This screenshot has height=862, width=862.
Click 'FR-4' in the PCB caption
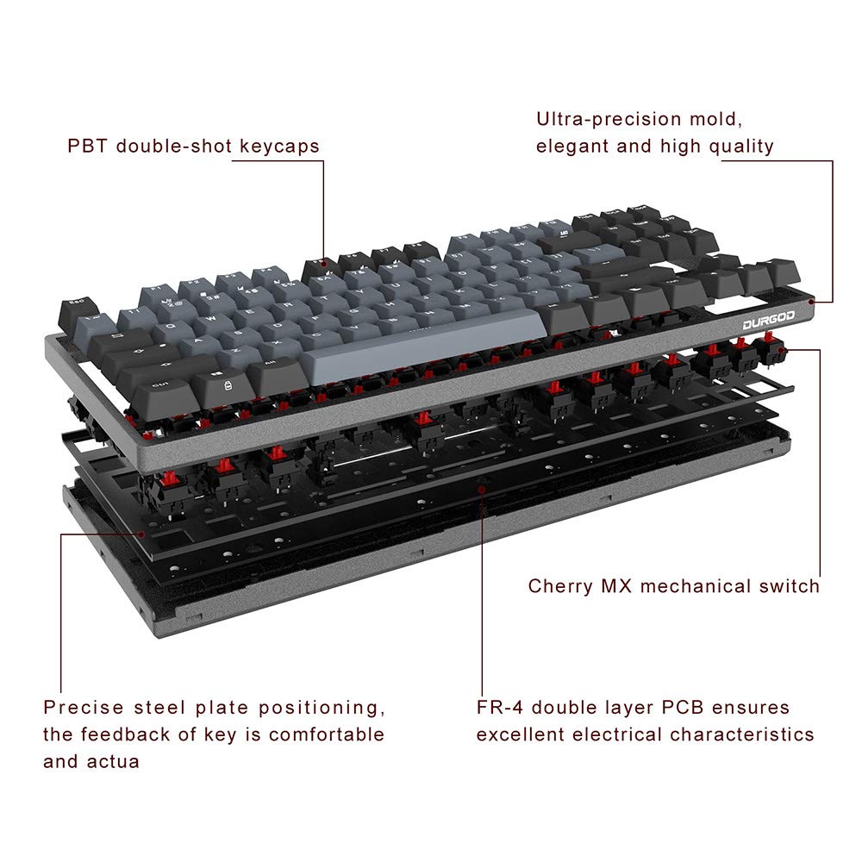point(500,709)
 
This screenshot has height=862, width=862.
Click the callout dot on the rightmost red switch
point(791,350)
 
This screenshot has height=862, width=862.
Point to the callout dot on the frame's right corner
point(814,302)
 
